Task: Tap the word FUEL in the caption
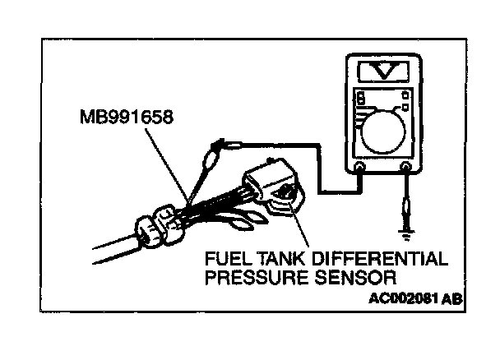223,261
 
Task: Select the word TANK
273,261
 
